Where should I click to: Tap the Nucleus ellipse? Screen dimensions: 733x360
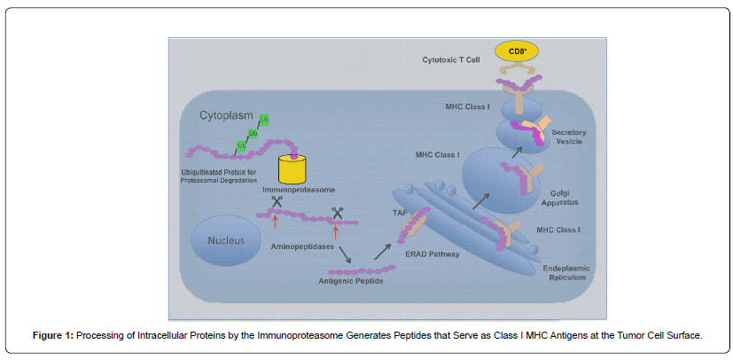pyautogui.click(x=226, y=241)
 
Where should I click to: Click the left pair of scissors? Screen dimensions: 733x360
pyautogui.click(x=277, y=201)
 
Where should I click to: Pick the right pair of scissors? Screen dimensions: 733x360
pyautogui.click(x=337, y=213)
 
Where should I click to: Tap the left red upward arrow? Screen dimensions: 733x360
pyautogui.click(x=276, y=221)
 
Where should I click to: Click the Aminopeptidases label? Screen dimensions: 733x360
pyautogui.click(x=302, y=247)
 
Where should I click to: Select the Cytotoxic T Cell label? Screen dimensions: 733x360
pyautogui.click(x=450, y=59)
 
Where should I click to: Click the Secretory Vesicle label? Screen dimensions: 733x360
pyautogui.click(x=569, y=136)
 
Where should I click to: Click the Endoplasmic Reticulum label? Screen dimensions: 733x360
pyautogui.click(x=567, y=273)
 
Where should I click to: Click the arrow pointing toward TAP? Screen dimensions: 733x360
pyautogui.click(x=383, y=252)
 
